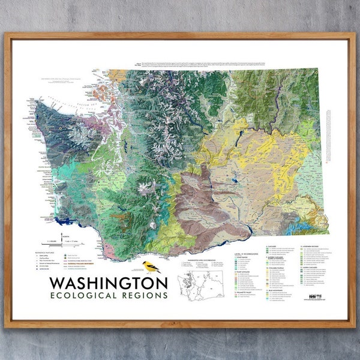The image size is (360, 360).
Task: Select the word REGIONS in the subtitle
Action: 145,295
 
